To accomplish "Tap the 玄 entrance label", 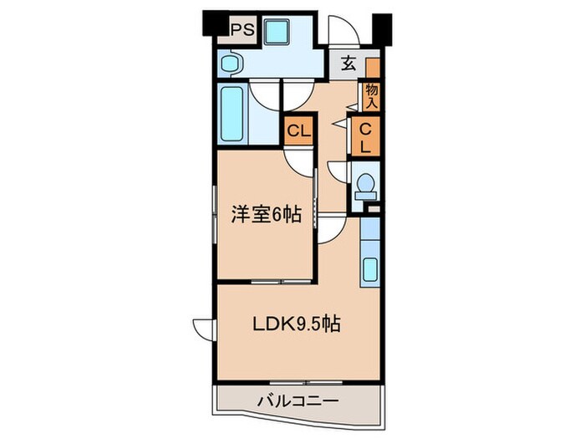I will [x=348, y=64].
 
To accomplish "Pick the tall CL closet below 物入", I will [x=365, y=137].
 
